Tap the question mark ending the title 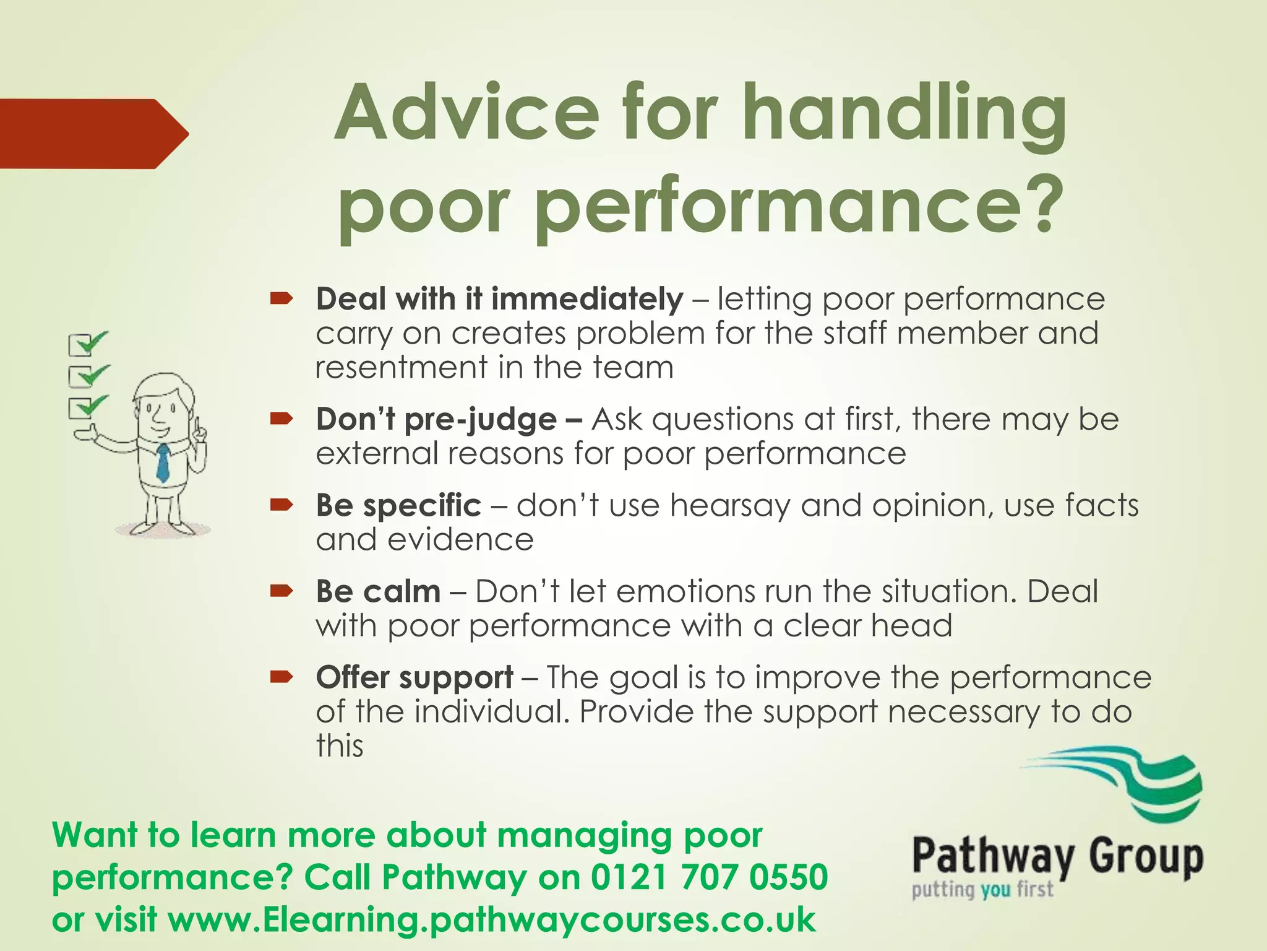coord(1041,205)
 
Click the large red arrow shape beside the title coord(93,134)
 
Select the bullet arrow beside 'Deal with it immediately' coord(281,300)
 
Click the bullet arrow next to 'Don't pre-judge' coord(281,420)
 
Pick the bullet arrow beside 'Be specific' coord(281,506)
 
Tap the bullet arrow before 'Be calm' coord(281,592)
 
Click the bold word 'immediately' coord(587,299)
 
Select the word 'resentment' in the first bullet coord(401,368)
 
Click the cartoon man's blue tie coord(163,462)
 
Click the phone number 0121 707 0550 coord(709,877)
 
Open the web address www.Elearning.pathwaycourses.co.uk coord(492,920)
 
